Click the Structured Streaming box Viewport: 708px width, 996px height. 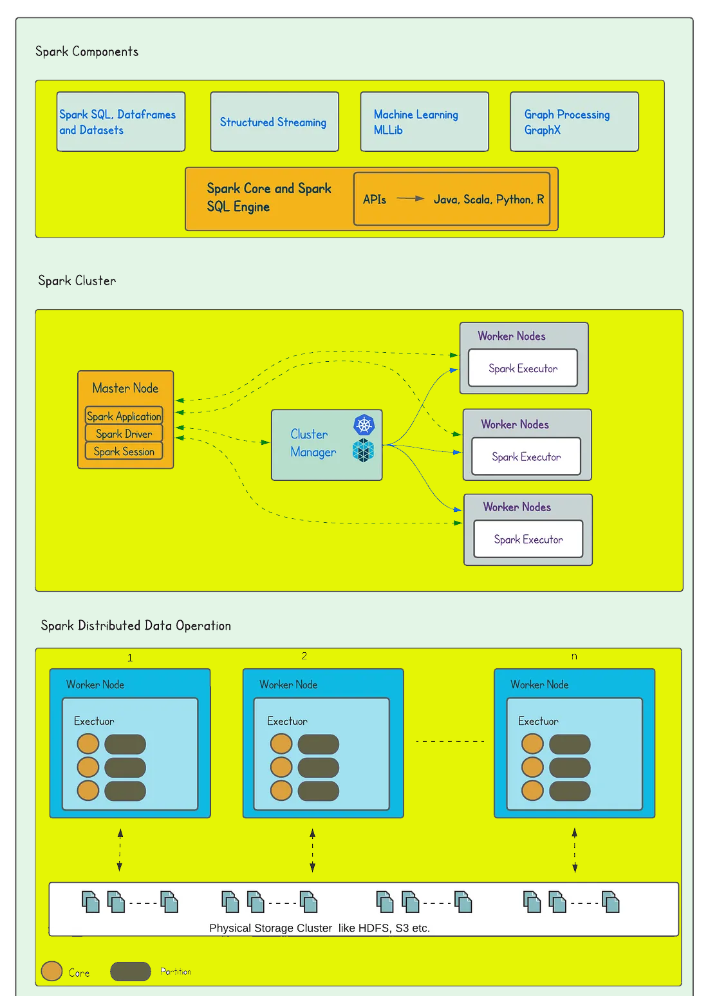(274, 122)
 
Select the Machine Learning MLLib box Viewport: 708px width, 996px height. (424, 122)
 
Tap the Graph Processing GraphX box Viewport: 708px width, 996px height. (574, 122)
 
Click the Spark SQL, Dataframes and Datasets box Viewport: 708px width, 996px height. (120, 122)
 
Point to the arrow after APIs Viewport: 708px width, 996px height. (410, 199)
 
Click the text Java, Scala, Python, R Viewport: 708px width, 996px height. (489, 200)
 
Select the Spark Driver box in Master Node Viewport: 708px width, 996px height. (124, 434)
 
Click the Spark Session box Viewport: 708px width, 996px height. (124, 451)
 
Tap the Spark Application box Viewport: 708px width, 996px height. (124, 416)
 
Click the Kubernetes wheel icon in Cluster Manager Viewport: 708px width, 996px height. (364, 425)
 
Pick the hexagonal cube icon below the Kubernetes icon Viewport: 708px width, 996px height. (363, 451)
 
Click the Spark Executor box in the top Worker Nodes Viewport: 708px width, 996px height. (523, 368)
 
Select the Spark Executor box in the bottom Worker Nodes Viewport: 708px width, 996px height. (528, 540)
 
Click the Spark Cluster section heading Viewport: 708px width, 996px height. (77, 281)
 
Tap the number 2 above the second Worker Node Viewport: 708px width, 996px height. (304, 656)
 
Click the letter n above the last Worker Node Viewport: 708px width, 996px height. (574, 656)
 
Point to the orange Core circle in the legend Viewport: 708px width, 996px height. (51, 971)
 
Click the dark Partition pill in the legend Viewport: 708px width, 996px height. (130, 971)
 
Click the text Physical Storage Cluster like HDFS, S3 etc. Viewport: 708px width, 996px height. (319, 928)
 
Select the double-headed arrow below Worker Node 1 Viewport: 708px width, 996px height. (120, 850)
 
